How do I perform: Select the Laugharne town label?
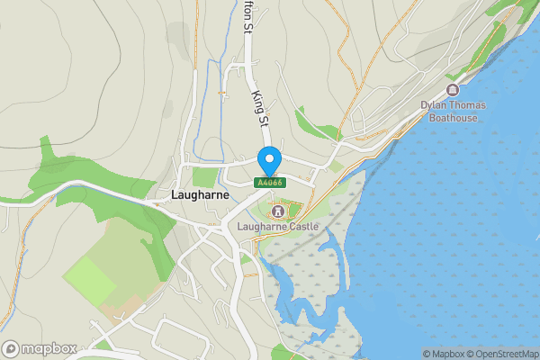click(x=195, y=193)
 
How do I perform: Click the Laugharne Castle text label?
click(x=278, y=226)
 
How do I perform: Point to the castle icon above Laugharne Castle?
click(x=277, y=211)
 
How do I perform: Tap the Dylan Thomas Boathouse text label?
click(x=453, y=111)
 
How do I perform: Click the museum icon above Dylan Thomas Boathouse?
click(x=452, y=90)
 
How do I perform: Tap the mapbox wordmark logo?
click(x=49, y=348)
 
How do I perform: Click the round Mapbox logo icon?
click(x=12, y=348)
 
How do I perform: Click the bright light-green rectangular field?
click(x=89, y=281)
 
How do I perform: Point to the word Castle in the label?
click(x=301, y=226)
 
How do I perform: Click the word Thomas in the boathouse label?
click(x=466, y=105)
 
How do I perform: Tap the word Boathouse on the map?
click(x=453, y=117)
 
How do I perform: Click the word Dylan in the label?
click(x=434, y=105)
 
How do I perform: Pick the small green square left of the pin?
click(x=206, y=176)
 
